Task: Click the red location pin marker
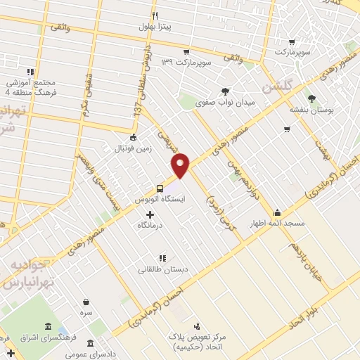[x=181, y=165]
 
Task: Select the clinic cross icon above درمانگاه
[x=149, y=213]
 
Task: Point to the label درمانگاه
[x=150, y=224]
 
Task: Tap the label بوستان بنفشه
[x=311, y=110]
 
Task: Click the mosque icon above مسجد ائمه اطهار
[x=278, y=213]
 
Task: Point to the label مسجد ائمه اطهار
[x=278, y=224]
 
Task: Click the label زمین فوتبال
[x=134, y=148]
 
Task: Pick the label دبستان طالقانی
[x=162, y=269]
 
